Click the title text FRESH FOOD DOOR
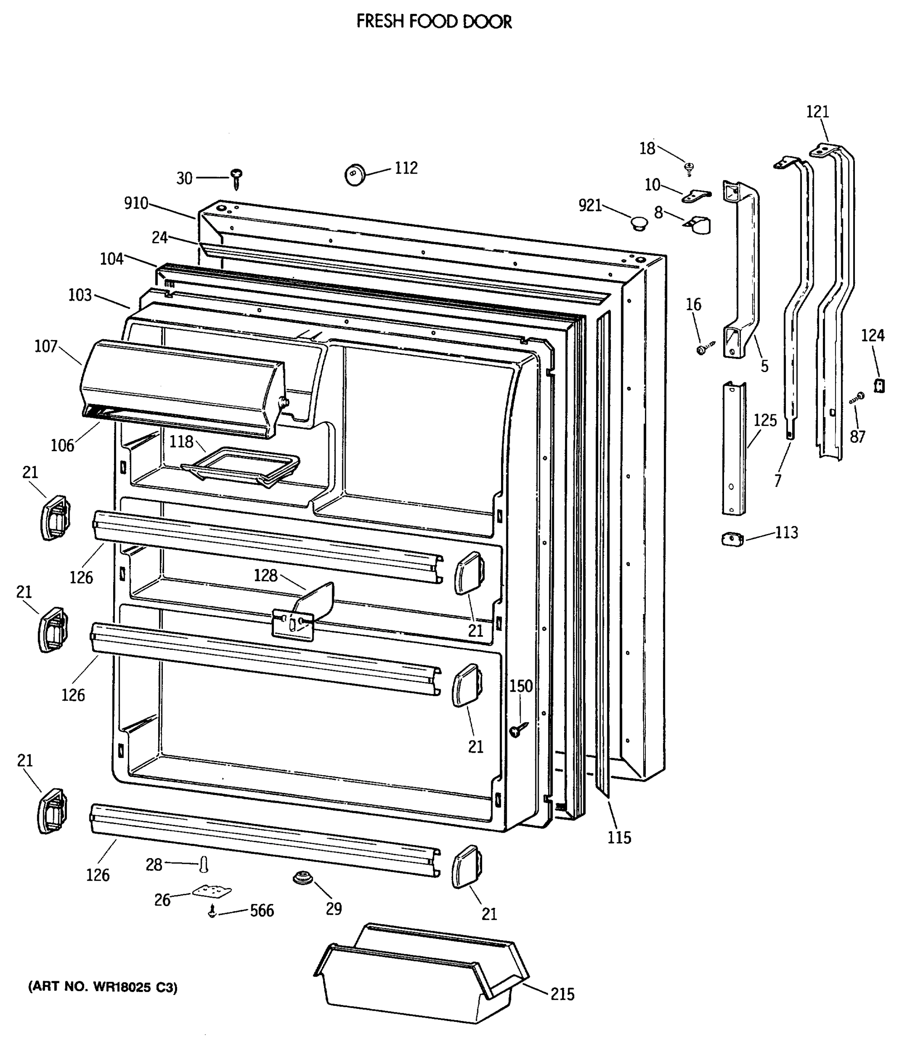click(x=434, y=22)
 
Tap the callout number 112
click(x=406, y=168)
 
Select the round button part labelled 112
click(x=355, y=175)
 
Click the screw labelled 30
click(x=236, y=178)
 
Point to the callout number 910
click(x=136, y=204)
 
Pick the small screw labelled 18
click(x=689, y=168)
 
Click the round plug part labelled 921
click(x=639, y=223)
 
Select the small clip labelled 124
click(x=880, y=385)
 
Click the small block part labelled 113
click(x=732, y=540)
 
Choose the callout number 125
click(x=765, y=420)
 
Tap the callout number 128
click(x=265, y=576)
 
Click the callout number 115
click(x=619, y=838)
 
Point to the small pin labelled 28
click(x=204, y=864)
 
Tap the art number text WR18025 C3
click(x=103, y=988)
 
